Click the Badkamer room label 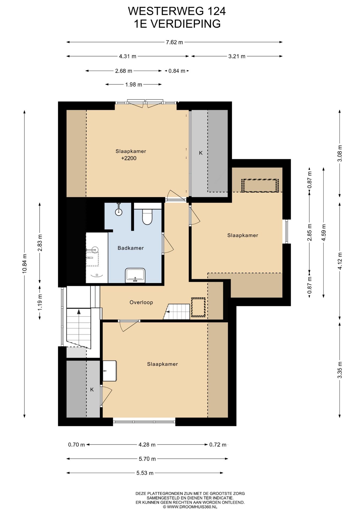(x=131, y=248)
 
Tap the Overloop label (x=141, y=302)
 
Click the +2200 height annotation (x=129, y=158)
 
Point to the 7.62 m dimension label (x=174, y=42)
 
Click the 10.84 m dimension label (x=24, y=264)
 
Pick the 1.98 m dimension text (x=133, y=84)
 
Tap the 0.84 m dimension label (x=177, y=71)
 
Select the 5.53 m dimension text (x=145, y=473)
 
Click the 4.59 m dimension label (x=324, y=233)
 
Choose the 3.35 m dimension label (x=340, y=370)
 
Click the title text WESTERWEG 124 (x=177, y=11)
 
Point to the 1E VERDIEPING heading (x=177, y=24)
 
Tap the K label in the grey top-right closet (x=201, y=153)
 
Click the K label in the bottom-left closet (x=92, y=389)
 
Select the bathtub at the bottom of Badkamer (x=135, y=275)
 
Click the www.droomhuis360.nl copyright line (x=190, y=507)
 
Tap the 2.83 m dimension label (x=40, y=243)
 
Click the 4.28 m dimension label (x=147, y=444)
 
